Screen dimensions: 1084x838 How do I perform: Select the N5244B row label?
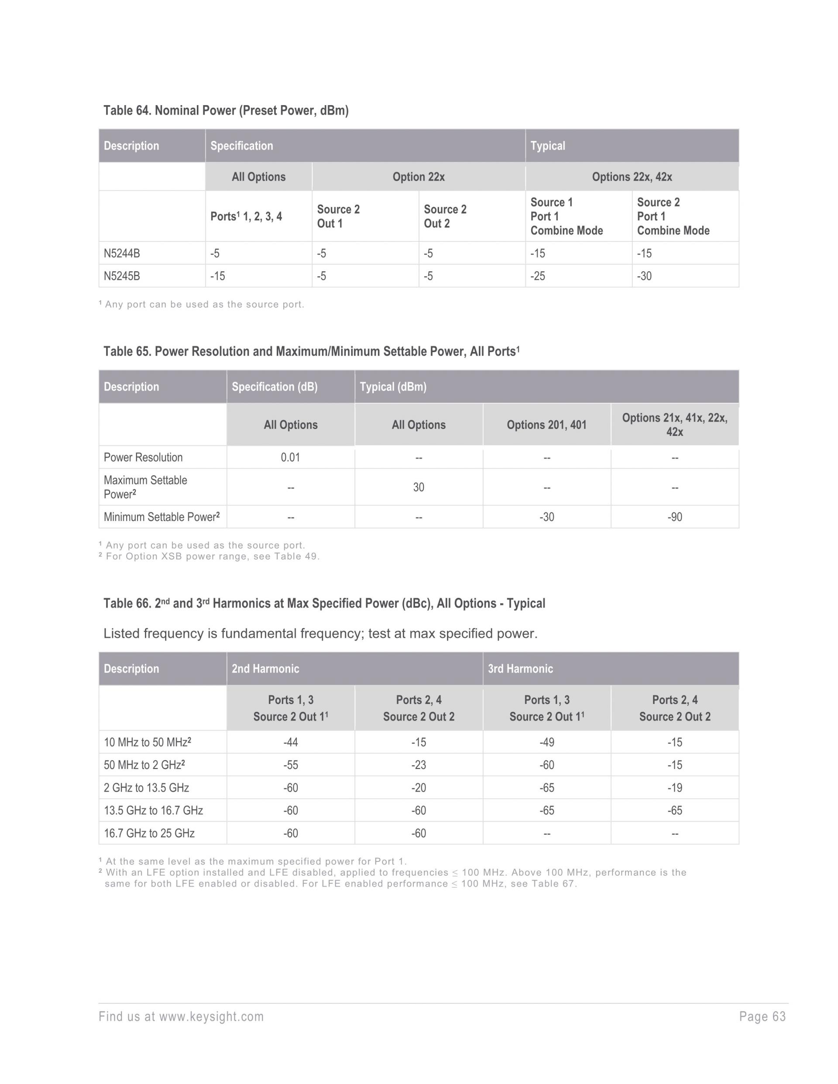122,253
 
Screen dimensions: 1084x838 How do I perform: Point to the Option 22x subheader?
419,177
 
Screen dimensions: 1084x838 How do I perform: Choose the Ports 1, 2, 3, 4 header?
246,216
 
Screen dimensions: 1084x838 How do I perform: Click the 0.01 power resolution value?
290,457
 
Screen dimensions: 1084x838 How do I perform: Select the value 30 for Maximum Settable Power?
419,487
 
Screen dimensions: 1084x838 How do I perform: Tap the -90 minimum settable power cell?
675,517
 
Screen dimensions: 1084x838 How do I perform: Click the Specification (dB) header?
275,387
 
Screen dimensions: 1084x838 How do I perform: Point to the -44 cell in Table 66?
290,742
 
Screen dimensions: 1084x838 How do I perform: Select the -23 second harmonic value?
419,765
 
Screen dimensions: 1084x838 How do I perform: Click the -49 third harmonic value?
546,742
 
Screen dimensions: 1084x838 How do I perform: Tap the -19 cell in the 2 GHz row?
675,788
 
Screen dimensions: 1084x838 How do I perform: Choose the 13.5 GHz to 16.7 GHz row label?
153,810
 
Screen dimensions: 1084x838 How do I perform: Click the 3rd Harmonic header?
520,669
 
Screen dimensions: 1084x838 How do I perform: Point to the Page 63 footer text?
762,1016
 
